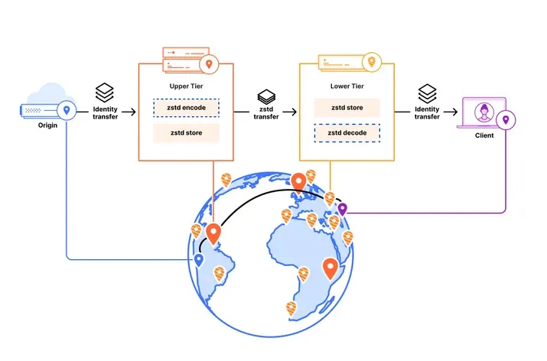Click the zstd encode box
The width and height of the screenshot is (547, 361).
pos(187,108)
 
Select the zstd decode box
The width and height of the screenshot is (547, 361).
pos(347,133)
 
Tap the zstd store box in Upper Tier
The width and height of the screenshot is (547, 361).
pos(187,133)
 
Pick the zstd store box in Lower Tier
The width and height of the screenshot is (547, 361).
pos(347,108)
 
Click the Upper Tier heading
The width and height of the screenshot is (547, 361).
pos(187,86)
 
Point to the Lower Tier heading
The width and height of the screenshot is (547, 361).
pos(347,86)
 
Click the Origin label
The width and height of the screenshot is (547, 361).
pos(47,125)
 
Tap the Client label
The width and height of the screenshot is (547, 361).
pos(484,135)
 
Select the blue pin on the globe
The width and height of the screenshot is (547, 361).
pos(198,260)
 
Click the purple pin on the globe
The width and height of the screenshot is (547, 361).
pos(343,210)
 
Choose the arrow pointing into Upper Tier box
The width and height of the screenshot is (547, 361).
pos(129,112)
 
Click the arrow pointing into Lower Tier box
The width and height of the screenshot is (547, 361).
pos(289,112)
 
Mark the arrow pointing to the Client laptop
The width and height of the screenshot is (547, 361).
pos(451,112)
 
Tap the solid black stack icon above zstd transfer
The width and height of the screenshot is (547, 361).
pos(266,97)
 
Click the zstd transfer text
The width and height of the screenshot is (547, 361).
pos(266,113)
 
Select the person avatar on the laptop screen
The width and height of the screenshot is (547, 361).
pos(484,112)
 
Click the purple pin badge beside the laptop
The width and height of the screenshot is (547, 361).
pos(506,120)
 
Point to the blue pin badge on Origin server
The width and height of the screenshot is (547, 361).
pos(67,110)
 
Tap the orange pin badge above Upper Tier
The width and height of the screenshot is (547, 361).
pos(209,64)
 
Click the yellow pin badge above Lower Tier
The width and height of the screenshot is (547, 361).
pos(372,62)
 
